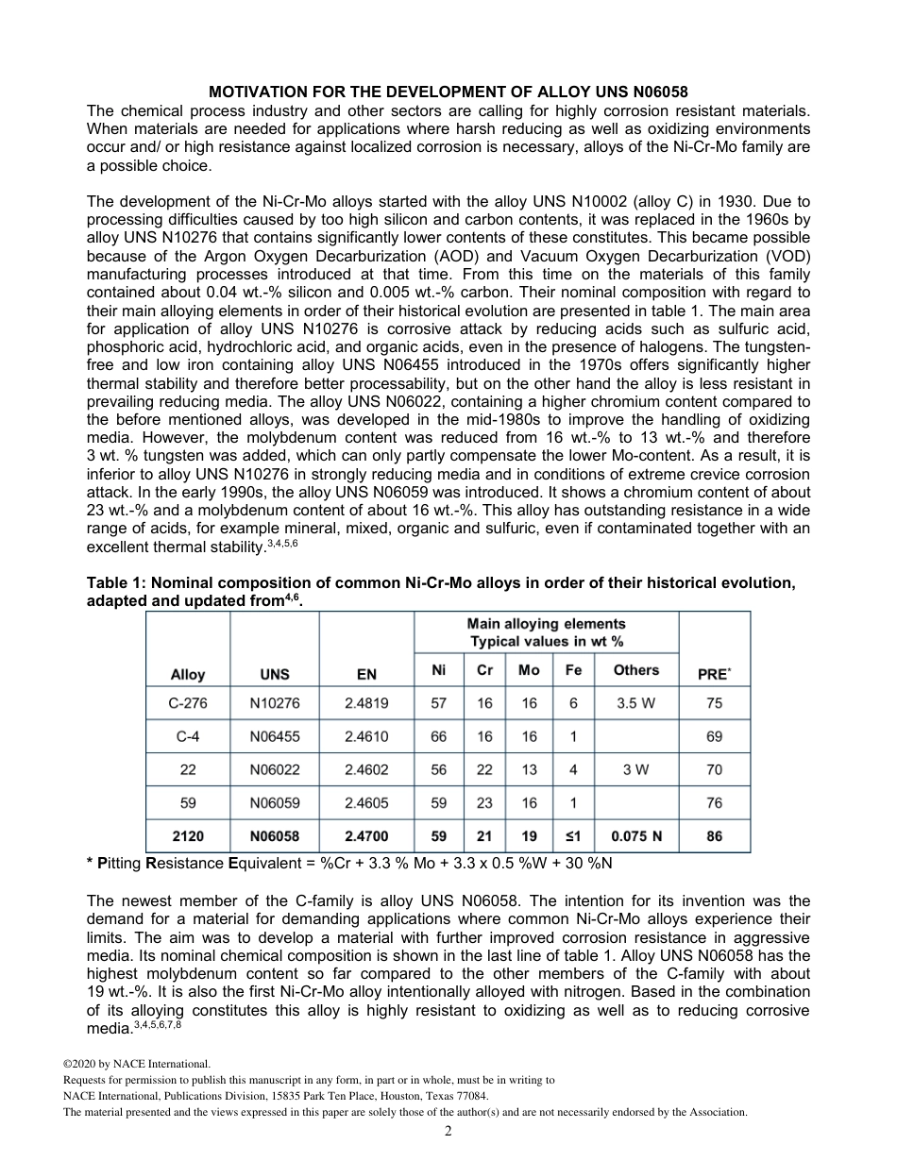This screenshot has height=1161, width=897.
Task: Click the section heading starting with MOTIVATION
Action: click(x=448, y=92)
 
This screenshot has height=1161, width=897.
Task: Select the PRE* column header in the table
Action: click(x=714, y=674)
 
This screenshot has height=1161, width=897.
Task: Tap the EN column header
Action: click(x=366, y=674)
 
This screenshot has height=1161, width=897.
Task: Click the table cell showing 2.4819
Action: click(x=366, y=703)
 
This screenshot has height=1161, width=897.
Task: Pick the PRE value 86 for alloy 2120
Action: click(x=714, y=836)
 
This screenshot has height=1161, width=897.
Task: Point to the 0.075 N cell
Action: click(x=636, y=836)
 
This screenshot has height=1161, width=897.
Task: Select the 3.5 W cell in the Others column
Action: click(x=636, y=703)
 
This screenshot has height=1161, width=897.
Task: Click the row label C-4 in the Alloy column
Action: click(x=188, y=736)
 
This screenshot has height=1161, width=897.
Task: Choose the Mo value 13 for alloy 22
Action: click(x=529, y=769)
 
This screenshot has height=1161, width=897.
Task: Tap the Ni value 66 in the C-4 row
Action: click(x=439, y=736)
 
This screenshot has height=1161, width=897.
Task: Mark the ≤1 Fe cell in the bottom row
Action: click(x=573, y=836)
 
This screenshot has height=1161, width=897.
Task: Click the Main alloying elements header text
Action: click(x=546, y=624)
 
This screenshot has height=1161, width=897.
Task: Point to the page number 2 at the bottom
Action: click(x=448, y=1132)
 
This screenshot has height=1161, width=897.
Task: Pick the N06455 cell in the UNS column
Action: click(x=275, y=736)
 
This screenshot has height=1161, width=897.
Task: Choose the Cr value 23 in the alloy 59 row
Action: click(x=484, y=802)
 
